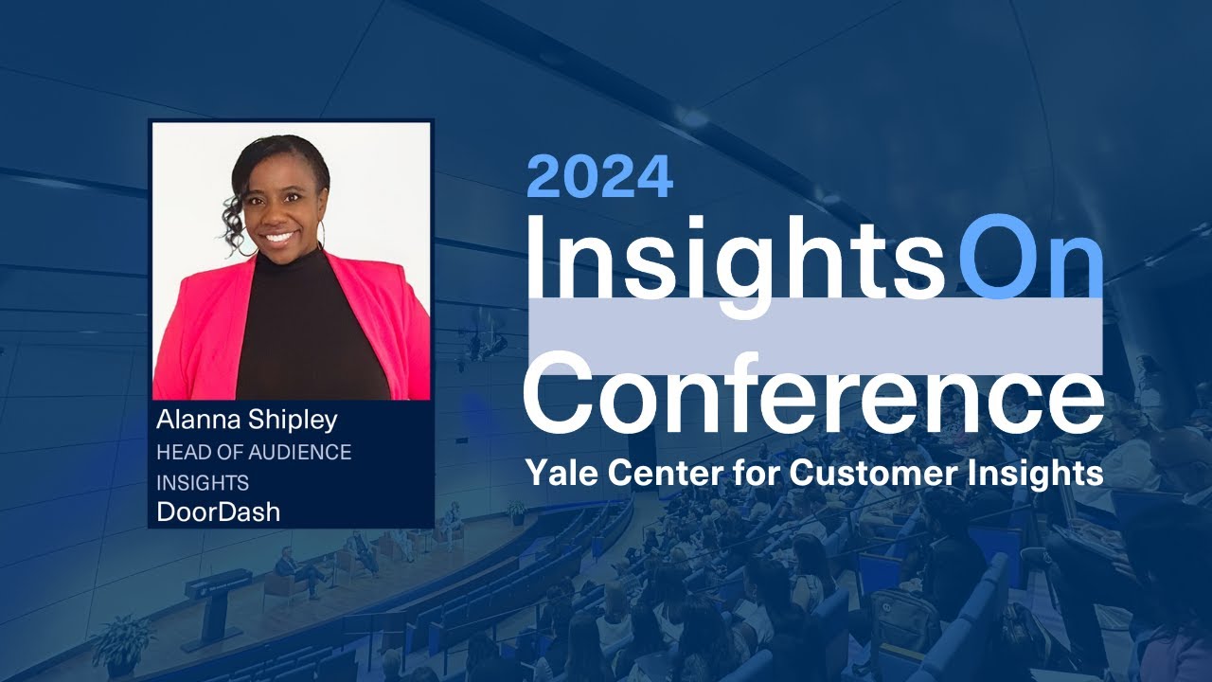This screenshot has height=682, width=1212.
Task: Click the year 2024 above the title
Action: [599, 176]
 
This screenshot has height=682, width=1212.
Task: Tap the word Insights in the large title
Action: [734, 254]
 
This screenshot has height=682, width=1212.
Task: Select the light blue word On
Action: [1030, 254]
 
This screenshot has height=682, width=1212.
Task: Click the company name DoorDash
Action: [218, 512]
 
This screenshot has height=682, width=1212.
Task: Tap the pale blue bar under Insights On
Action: [814, 336]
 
